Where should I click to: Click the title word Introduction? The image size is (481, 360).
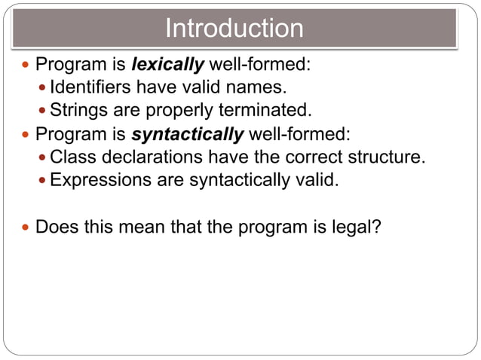tap(234, 29)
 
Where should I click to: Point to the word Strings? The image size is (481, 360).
tap(79, 111)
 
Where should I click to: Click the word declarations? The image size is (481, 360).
tap(146, 158)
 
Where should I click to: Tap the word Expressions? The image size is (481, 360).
tap(101, 182)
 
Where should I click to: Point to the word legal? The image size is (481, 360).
tap(354, 227)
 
